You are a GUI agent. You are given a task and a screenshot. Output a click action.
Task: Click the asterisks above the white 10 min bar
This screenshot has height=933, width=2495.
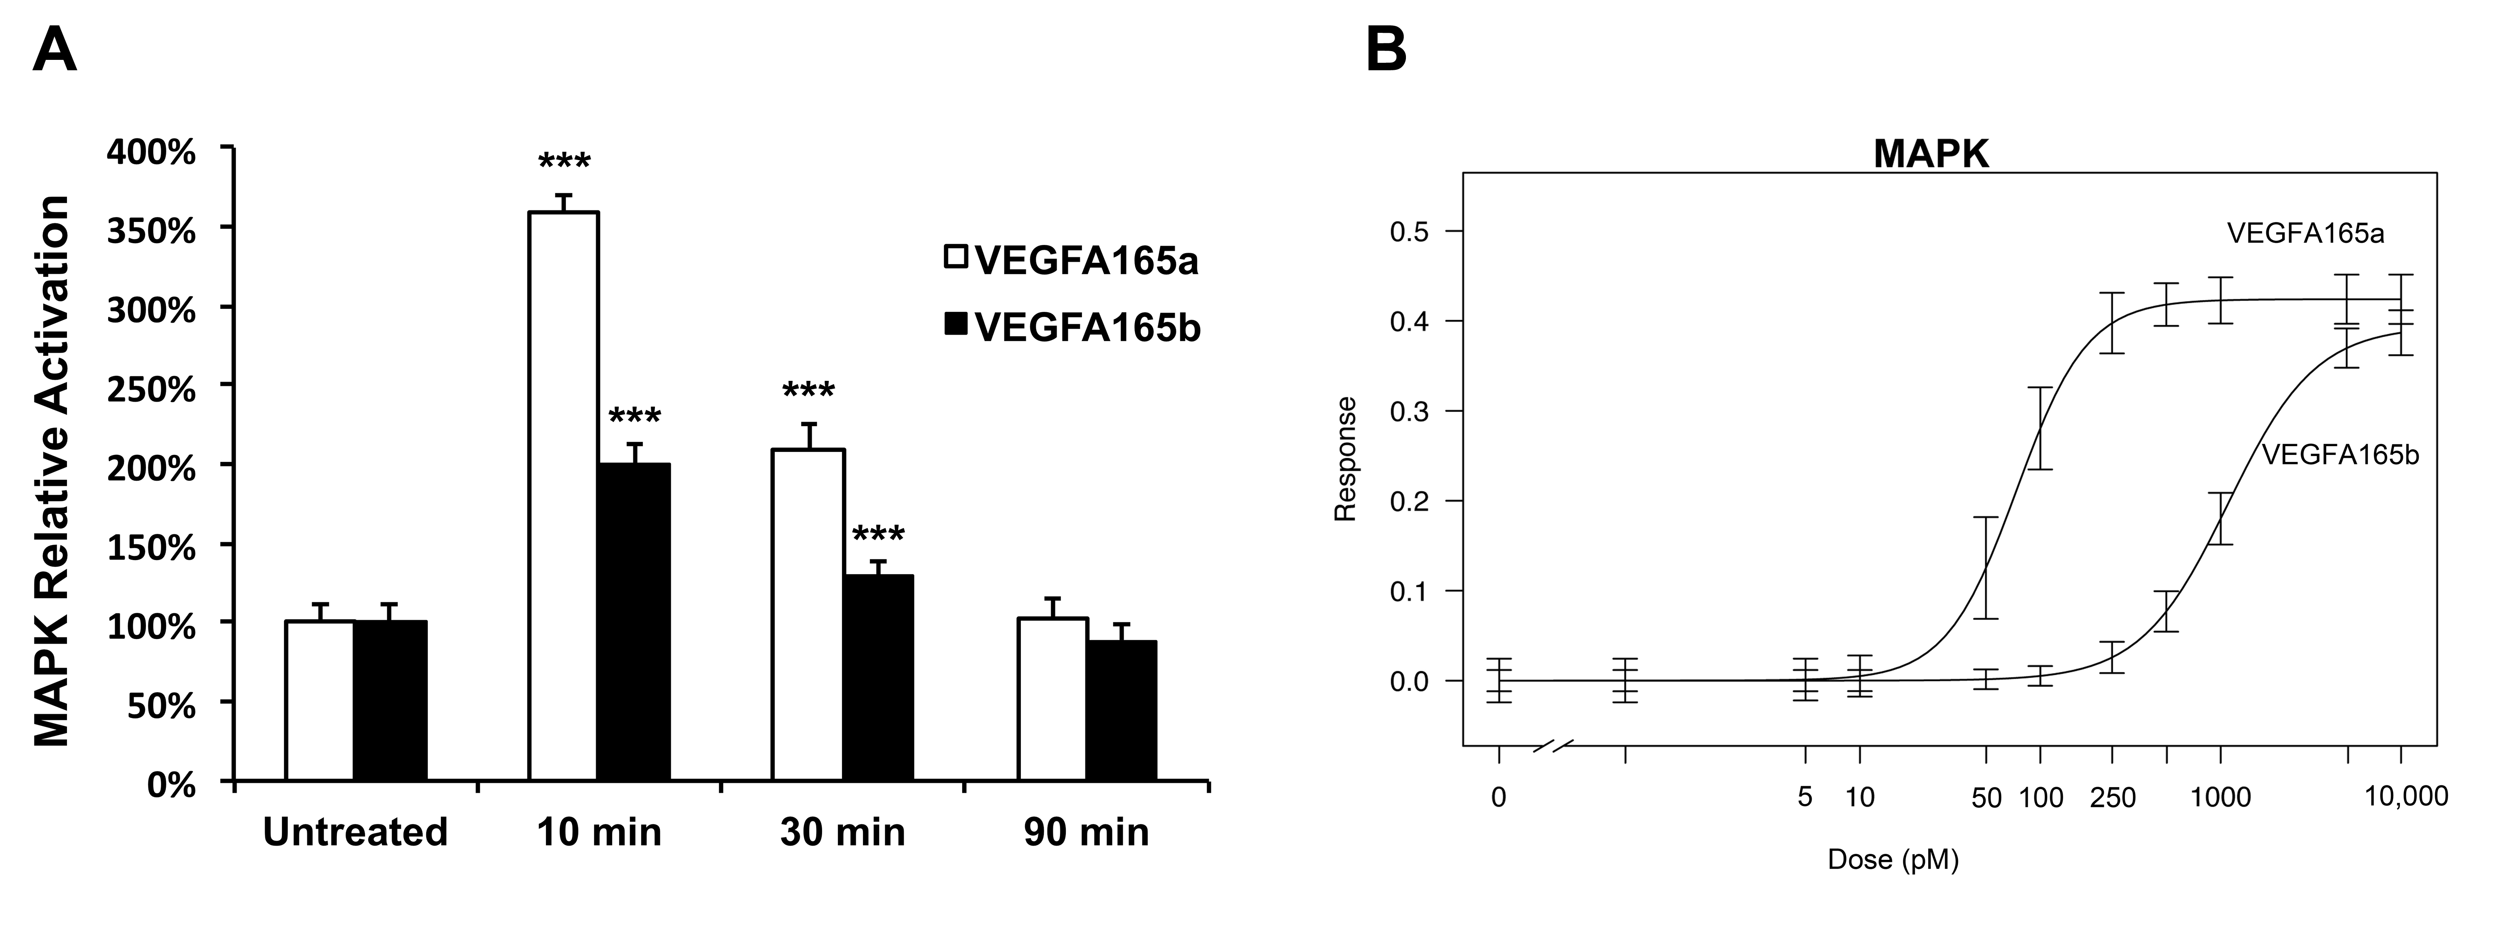pos(564,163)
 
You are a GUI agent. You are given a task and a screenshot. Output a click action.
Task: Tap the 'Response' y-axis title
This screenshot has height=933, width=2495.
pos(1345,458)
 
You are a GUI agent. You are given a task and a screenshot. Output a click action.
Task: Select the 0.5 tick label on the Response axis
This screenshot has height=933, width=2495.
pos(1410,232)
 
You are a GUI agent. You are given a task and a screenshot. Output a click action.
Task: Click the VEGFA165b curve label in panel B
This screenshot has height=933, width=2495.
pos(2340,454)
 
